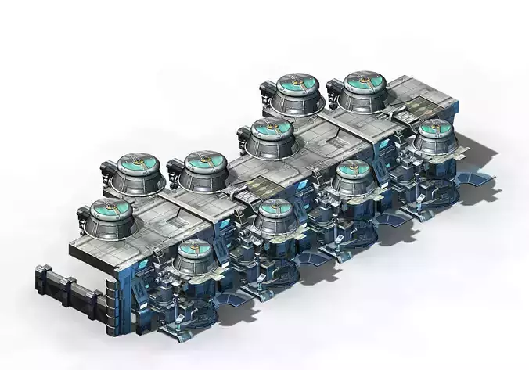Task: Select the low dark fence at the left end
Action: [x=66, y=286]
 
